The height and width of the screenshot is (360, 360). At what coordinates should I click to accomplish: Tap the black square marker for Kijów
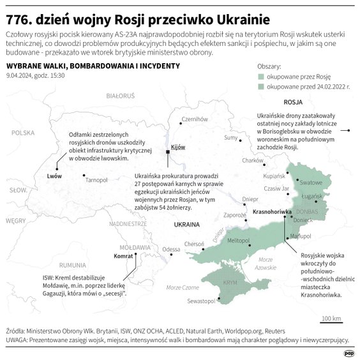click(x=168, y=152)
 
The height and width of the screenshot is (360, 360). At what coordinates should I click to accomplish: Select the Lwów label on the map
click(x=54, y=175)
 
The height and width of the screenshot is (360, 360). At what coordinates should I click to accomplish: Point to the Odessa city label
click(x=171, y=249)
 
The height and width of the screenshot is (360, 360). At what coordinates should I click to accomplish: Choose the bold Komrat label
click(x=123, y=256)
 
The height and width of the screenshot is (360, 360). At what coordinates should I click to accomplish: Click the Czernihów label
click(x=195, y=119)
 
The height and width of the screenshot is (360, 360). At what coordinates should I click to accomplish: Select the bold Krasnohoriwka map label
click(x=272, y=211)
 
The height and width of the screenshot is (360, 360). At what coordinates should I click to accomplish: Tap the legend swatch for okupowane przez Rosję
click(x=260, y=76)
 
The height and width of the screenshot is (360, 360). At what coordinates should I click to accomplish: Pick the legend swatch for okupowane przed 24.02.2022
click(x=260, y=86)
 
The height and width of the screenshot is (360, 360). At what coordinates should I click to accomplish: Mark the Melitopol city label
click(x=239, y=240)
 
